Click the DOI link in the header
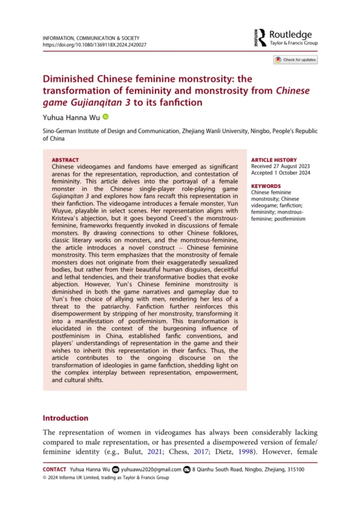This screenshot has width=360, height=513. point(95,44)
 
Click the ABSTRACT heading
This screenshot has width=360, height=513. point(65,160)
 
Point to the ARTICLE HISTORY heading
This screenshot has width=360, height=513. point(274,160)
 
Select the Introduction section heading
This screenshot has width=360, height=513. point(66,418)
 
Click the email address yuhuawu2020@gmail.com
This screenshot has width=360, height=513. point(150,469)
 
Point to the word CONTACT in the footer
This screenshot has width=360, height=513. point(54,469)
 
